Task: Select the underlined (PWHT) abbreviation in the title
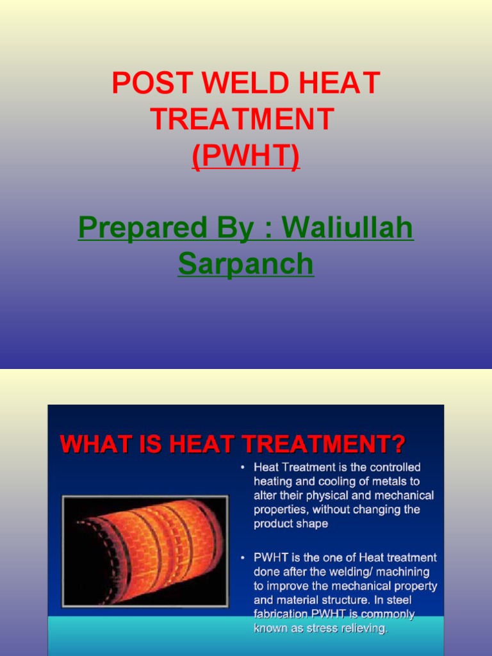tap(246, 156)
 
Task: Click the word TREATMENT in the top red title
tap(242, 119)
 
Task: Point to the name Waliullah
tap(348, 228)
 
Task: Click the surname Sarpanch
tap(246, 264)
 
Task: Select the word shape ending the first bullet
tap(313, 523)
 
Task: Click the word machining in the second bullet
tap(404, 572)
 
